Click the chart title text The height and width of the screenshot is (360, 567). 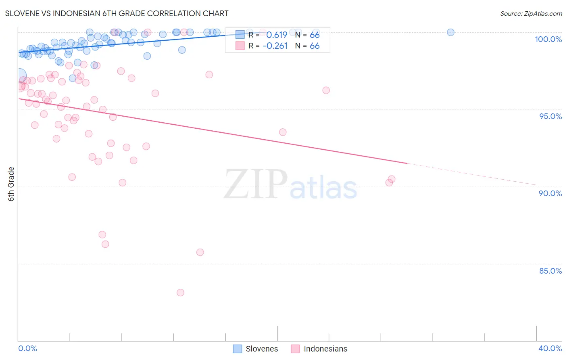click(117, 13)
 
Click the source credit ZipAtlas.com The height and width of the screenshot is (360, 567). click(531, 13)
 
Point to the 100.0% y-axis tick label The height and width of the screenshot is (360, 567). click(548, 39)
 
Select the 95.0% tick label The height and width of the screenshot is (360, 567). click(550, 116)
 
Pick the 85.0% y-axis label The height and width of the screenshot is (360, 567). click(550, 271)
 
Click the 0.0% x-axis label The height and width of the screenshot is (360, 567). click(27, 348)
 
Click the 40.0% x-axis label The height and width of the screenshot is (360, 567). click(550, 348)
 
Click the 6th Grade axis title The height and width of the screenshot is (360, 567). click(11, 184)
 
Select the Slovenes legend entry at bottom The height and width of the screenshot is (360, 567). click(256, 349)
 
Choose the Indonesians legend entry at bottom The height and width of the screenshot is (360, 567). click(319, 349)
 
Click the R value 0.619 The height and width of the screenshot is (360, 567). click(277, 35)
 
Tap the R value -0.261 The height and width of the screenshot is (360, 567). click(275, 46)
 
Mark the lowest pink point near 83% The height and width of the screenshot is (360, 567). click(180, 293)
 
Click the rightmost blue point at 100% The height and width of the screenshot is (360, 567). click(450, 32)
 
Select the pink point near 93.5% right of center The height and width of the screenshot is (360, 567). click(283, 132)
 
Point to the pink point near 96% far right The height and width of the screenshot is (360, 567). click(326, 90)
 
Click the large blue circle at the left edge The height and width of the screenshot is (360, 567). click(19, 76)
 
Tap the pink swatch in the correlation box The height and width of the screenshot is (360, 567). click(240, 46)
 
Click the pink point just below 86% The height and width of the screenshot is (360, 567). click(200, 252)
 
